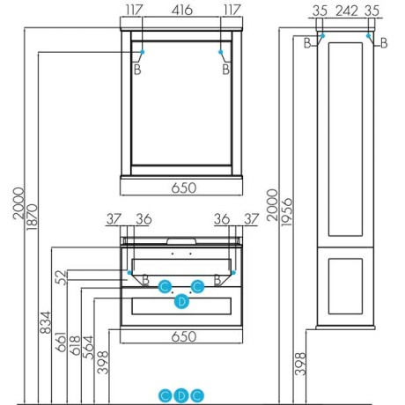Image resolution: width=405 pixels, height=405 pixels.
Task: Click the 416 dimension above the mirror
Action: click(182, 11)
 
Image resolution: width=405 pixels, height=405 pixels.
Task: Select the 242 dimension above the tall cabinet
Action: click(347, 11)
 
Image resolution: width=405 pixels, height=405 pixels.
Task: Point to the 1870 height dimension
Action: click(32, 217)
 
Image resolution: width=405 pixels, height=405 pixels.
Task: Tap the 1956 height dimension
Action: click(287, 212)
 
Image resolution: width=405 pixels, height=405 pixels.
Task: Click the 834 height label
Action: click(45, 322)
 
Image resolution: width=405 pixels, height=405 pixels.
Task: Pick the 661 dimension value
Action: click(61, 342)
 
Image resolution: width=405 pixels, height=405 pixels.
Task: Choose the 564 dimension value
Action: click(88, 347)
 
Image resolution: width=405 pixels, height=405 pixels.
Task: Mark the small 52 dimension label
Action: click(61, 277)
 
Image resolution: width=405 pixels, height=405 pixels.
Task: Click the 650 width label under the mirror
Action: click(184, 188)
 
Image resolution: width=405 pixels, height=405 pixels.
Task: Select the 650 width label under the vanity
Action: click(184, 336)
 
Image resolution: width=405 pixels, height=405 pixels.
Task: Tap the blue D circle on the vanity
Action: click(182, 301)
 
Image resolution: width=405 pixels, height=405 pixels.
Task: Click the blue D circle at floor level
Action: click(181, 396)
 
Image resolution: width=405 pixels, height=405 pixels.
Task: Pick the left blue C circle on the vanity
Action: click(166, 286)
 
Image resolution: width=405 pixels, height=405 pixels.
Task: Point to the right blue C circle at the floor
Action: click(197, 396)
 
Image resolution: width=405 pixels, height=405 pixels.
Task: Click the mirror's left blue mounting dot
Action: click(143, 52)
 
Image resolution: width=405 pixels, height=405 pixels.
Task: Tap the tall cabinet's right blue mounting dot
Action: click(368, 36)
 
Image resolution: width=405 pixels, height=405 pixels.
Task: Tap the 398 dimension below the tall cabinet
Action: click(300, 364)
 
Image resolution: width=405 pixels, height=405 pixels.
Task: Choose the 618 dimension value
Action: click(75, 345)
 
